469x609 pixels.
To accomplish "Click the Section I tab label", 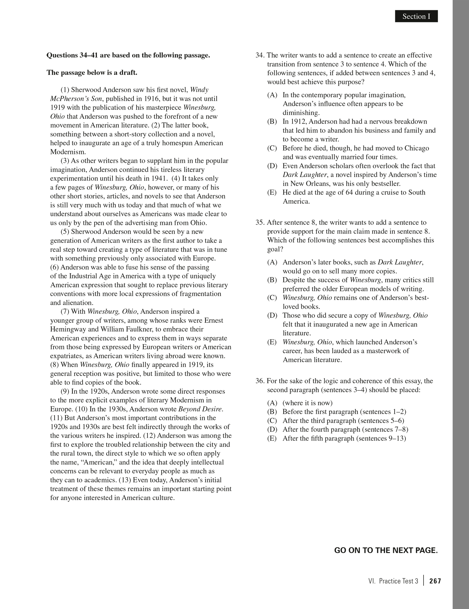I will [416, 17].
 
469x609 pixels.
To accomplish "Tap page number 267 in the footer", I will [435, 581].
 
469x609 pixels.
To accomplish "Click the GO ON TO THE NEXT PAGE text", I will [386, 550].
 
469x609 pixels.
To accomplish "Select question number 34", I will [260, 55].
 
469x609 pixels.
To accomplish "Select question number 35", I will [260, 223].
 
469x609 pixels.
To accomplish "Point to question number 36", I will [260, 381].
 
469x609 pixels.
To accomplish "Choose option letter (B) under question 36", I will [272, 412].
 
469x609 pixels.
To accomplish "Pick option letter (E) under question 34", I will [272, 193].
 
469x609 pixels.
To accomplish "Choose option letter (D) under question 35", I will [272, 316].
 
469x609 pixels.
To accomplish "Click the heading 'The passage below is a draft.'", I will [92, 73].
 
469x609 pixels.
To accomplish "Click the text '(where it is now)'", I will [307, 403].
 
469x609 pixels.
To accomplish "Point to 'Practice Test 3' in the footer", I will [398, 581].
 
